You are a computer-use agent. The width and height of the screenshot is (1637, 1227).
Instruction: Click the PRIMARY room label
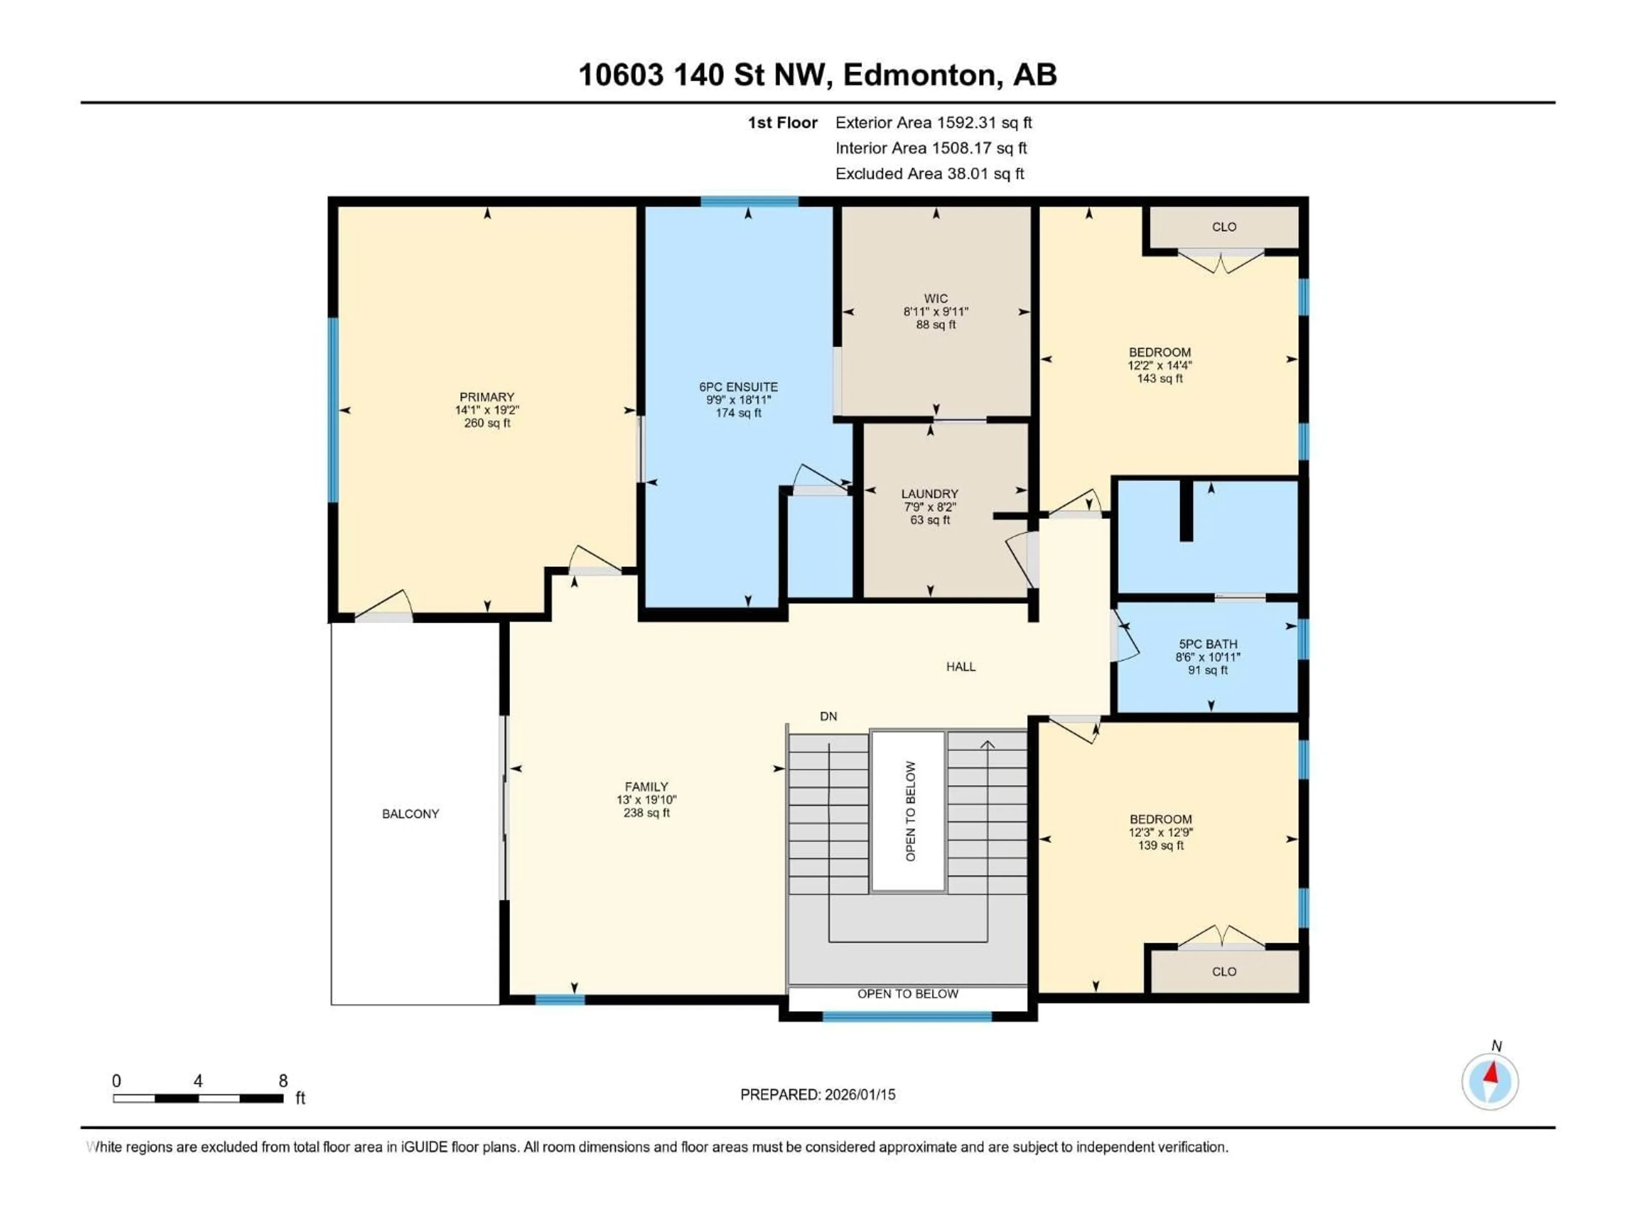tap(486, 397)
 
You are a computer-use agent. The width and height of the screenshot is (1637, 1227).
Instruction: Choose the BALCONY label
tap(410, 814)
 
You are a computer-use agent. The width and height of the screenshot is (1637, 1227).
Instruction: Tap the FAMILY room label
tap(646, 787)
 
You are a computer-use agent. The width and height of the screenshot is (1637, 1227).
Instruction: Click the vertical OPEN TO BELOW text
tap(910, 811)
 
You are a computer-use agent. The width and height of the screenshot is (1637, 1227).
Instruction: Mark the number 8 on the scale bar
tap(283, 1081)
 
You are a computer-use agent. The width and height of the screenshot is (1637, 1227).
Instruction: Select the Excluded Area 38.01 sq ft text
tap(929, 174)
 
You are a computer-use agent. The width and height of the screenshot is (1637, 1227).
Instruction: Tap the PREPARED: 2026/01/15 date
tap(818, 1095)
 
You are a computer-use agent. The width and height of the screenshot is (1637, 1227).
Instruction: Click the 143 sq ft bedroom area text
tap(1160, 379)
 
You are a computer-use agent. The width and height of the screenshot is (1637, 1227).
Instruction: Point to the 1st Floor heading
tap(782, 123)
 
